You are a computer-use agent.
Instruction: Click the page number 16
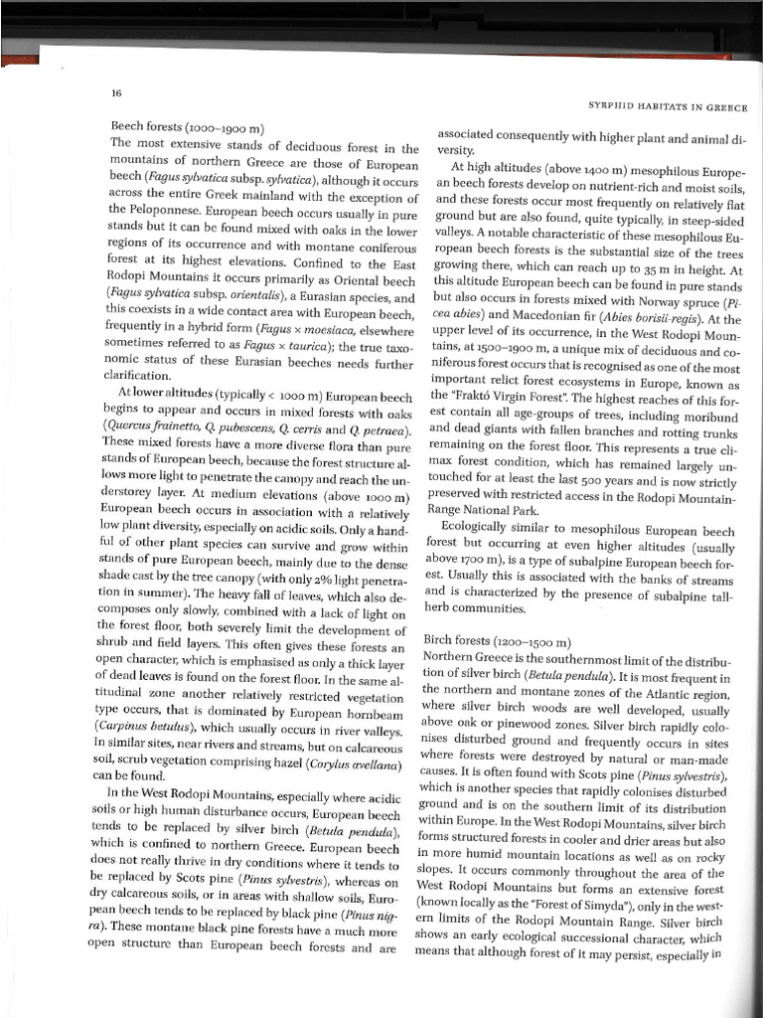coord(116,93)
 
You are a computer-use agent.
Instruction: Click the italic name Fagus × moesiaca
coord(291,327)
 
